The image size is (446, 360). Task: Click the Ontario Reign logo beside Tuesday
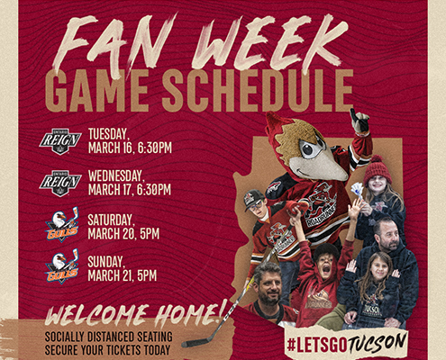(x=60, y=141)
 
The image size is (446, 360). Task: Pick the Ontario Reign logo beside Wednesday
(x=60, y=183)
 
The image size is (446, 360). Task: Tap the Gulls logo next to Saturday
(x=62, y=224)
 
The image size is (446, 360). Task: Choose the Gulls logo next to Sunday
(x=62, y=266)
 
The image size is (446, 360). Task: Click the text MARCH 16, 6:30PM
(x=130, y=148)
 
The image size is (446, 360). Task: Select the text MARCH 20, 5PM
(x=123, y=234)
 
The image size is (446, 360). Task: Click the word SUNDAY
(x=105, y=262)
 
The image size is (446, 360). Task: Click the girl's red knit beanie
(x=378, y=169)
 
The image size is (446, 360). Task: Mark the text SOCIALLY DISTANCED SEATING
(x=109, y=337)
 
